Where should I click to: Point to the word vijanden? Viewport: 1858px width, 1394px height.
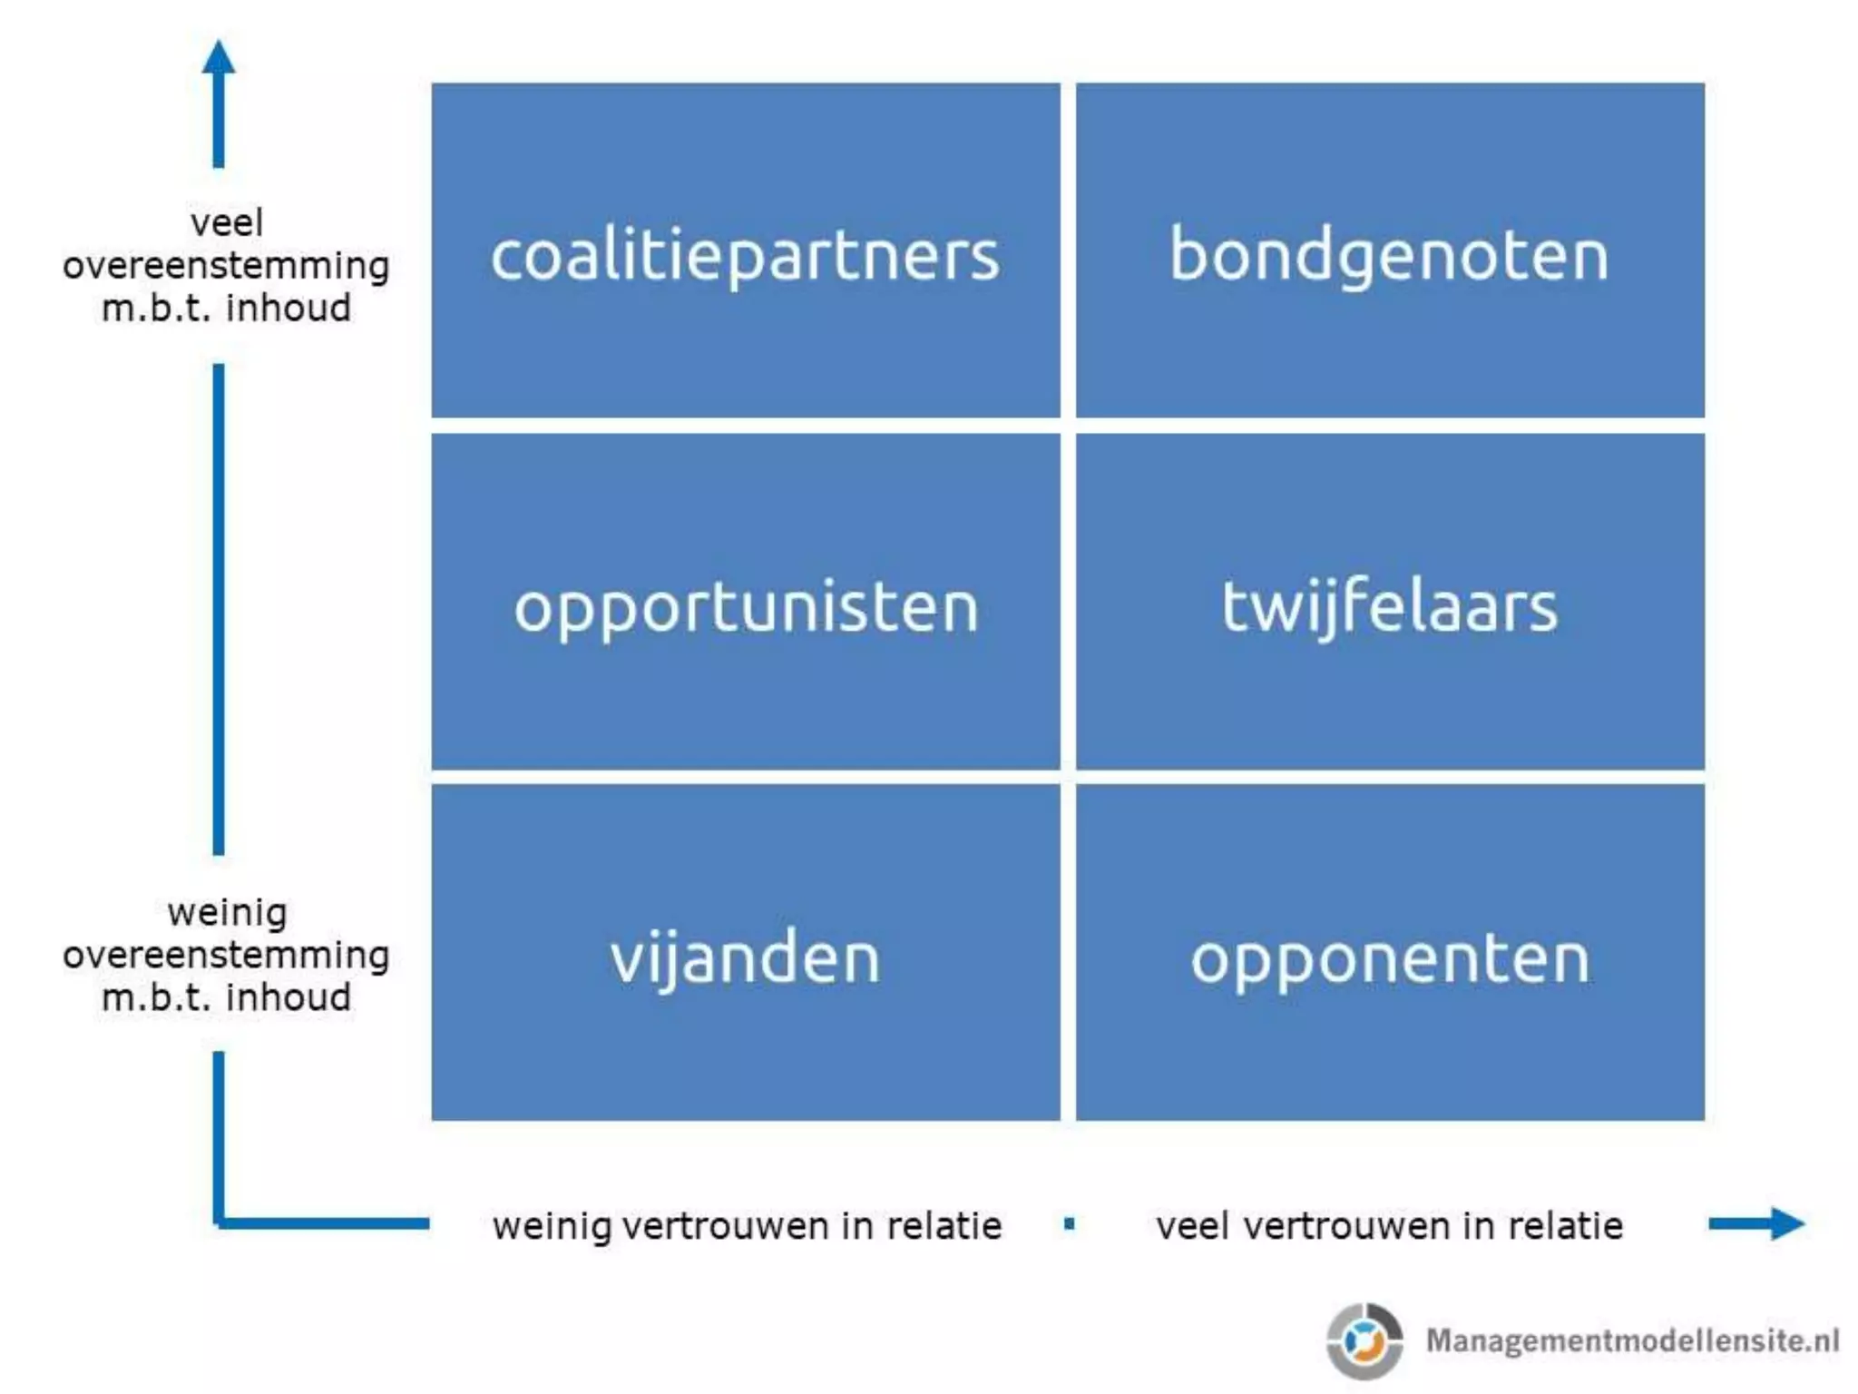coord(745,957)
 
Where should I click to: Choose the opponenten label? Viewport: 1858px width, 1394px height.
coord(1390,958)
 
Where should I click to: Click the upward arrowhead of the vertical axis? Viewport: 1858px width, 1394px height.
coord(219,59)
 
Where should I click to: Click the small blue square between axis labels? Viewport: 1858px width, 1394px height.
coord(1070,1224)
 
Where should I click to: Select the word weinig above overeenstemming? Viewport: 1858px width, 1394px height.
coord(227,912)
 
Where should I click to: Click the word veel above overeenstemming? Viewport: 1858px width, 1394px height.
coord(227,222)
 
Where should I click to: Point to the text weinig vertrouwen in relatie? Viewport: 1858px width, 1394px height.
coord(747,1226)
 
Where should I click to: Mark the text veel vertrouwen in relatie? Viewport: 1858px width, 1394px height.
coord(1389,1226)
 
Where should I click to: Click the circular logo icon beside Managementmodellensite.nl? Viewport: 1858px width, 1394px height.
coord(1364,1340)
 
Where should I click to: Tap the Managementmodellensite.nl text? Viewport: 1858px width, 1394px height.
coord(1632,1340)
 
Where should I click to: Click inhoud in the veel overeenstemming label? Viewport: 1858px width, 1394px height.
coord(288,309)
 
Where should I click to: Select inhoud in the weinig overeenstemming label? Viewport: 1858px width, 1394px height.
coord(288,997)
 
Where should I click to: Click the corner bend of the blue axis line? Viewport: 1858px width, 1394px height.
coord(220,1222)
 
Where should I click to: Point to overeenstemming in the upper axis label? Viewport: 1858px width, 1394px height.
coord(226,266)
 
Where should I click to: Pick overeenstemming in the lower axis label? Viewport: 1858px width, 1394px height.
coord(226,955)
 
